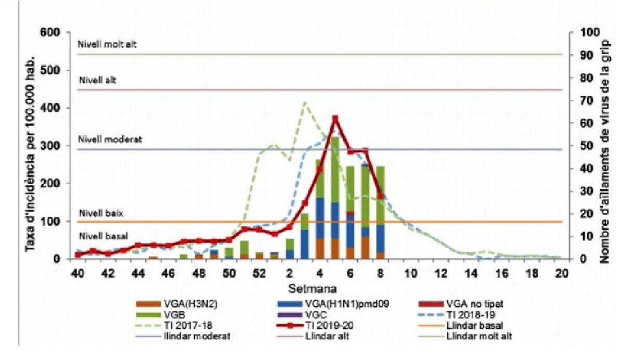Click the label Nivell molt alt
[x=108, y=44]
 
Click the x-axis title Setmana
[x=318, y=287]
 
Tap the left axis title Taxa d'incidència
[x=32, y=146]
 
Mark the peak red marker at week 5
[x=335, y=119]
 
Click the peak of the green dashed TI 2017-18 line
[x=305, y=102]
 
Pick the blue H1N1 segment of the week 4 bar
[x=320, y=218]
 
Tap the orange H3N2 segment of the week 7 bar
[x=366, y=248]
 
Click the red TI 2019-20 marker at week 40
[x=78, y=254]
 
